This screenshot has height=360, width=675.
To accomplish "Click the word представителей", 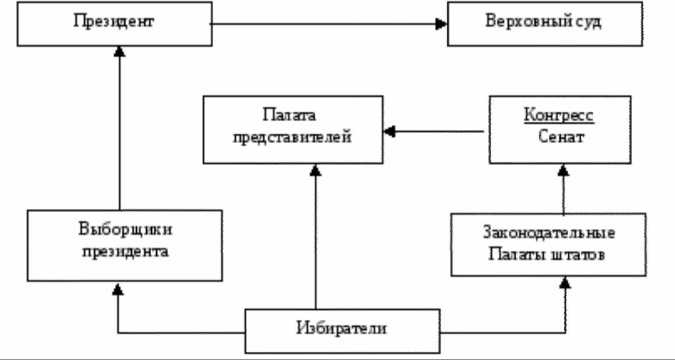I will tap(292, 137).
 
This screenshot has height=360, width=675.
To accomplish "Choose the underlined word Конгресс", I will tap(559, 116).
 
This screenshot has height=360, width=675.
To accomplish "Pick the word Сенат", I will tap(561, 137).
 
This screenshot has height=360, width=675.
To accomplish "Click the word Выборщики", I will tap(126, 229).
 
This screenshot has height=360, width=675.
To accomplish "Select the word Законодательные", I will tap(549, 233).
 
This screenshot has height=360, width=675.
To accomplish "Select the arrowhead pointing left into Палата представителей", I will tap(390, 131).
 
